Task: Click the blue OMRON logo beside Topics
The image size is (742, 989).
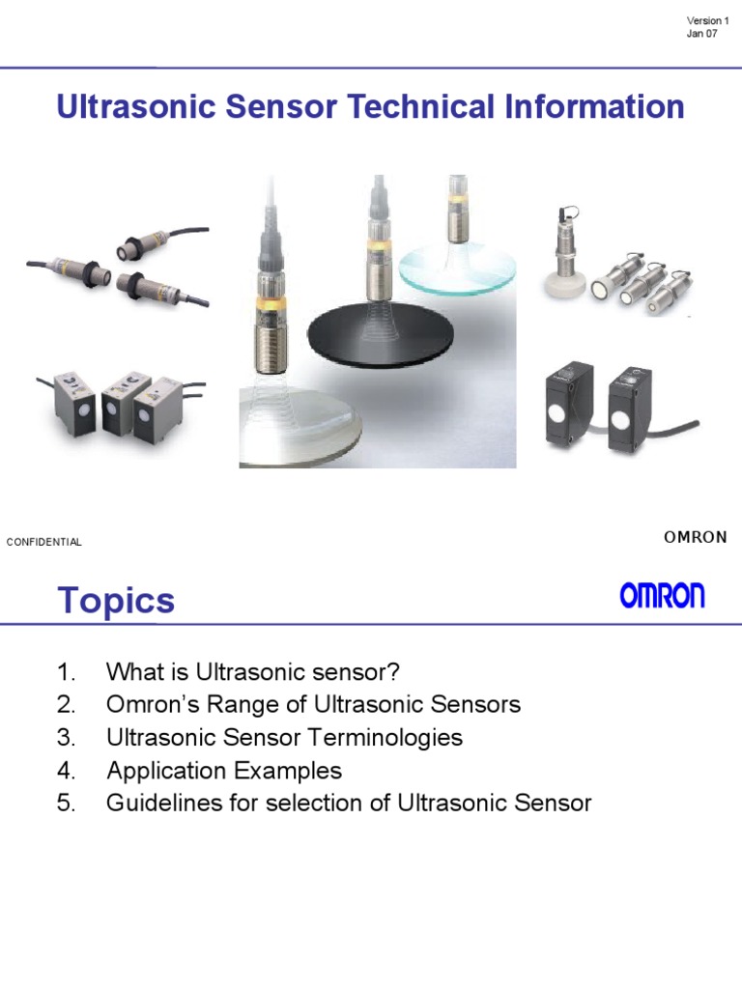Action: click(662, 596)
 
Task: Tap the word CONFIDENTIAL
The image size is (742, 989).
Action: click(44, 542)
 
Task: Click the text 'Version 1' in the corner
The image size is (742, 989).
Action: click(707, 20)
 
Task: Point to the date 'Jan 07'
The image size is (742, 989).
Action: click(702, 35)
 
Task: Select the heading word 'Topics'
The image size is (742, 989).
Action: click(116, 600)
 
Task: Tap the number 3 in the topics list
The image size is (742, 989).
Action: click(66, 738)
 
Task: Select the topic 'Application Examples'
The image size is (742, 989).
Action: click(224, 771)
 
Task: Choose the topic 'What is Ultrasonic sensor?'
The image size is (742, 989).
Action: click(252, 672)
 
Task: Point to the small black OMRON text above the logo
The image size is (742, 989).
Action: click(696, 537)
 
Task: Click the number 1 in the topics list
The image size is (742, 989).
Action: click(65, 672)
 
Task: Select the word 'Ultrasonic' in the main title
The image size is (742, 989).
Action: click(136, 106)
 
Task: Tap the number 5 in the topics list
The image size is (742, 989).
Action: click(66, 803)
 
